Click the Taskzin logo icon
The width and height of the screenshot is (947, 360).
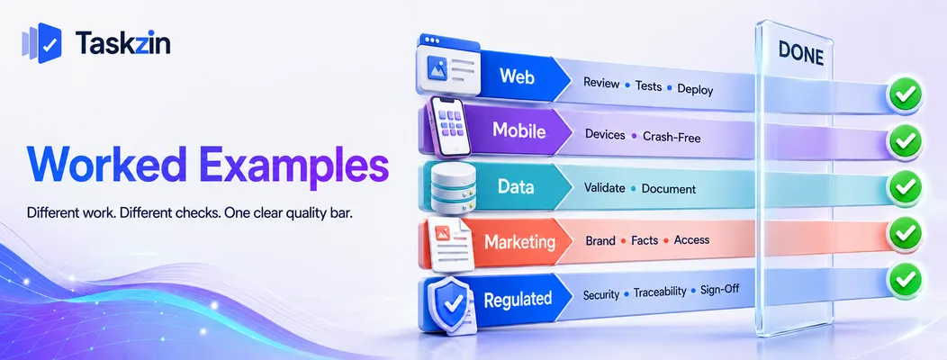[x=41, y=43]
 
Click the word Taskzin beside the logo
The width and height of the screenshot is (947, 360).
[x=122, y=43]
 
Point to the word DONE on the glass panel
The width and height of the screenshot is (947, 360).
[x=801, y=54]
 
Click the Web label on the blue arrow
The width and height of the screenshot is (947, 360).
[x=517, y=76]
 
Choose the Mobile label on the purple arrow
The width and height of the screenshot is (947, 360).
[x=519, y=130]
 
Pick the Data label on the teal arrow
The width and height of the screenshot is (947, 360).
[x=516, y=186]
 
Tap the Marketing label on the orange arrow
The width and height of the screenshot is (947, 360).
[x=519, y=242]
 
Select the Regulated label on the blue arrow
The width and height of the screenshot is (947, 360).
[x=518, y=299]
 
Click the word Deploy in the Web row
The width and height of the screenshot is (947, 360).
[x=695, y=89]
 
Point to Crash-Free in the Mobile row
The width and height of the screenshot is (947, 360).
[x=672, y=137]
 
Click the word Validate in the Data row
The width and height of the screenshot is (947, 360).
[x=605, y=188]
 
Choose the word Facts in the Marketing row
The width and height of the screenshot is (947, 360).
[x=645, y=240]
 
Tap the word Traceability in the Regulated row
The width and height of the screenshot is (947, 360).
[x=660, y=292]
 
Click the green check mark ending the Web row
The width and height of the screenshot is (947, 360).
[x=905, y=94]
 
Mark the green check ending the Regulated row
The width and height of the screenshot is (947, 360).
[x=905, y=280]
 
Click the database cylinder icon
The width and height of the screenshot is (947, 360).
[x=454, y=186]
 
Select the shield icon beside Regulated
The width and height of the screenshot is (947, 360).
[x=449, y=304]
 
